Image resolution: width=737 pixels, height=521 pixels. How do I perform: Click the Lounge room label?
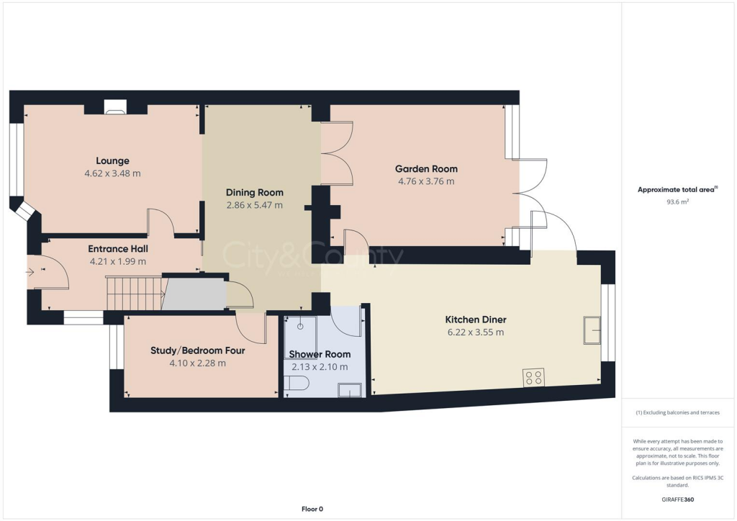point(112,160)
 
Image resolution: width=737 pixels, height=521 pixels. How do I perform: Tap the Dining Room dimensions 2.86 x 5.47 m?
point(254,205)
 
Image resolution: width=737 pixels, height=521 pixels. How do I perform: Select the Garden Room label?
point(426,168)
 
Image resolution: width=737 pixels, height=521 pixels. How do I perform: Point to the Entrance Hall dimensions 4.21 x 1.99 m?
point(119,261)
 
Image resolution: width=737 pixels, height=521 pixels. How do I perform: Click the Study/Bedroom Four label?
point(197,350)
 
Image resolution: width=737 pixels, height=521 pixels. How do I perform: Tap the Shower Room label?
point(320,354)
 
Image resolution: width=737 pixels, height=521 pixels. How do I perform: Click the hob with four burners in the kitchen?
point(533,377)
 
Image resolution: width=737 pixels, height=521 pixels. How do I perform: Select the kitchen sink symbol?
point(593,330)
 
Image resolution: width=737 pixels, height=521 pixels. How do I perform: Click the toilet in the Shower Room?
point(296,386)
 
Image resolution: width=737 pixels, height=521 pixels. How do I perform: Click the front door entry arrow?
point(30,272)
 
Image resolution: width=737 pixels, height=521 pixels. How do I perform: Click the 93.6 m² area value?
point(678,202)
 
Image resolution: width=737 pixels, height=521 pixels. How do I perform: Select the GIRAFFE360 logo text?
point(679,499)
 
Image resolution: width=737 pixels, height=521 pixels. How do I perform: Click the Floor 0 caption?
point(312,509)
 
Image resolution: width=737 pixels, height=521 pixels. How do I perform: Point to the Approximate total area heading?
point(677,190)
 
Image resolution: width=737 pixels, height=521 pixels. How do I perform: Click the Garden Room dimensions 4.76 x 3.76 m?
point(426,181)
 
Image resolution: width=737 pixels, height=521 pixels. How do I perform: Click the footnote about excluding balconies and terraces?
point(678,412)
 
